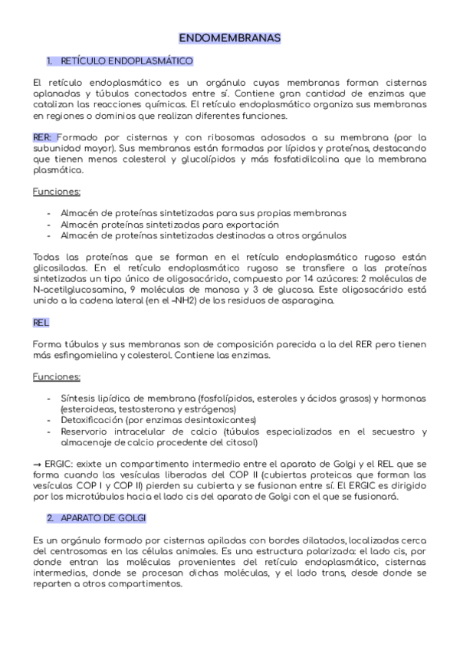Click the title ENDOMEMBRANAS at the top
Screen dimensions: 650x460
pyautogui.click(x=230, y=38)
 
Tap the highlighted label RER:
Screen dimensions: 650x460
pyautogui.click(x=44, y=136)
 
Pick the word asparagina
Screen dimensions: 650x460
pyautogui.click(x=308, y=301)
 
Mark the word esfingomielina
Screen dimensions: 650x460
pyautogui.click(x=92, y=356)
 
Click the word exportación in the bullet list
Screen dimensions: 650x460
pyautogui.click(x=250, y=225)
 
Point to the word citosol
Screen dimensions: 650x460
pyautogui.click(x=242, y=442)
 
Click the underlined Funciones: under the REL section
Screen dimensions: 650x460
pyautogui.click(x=57, y=377)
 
